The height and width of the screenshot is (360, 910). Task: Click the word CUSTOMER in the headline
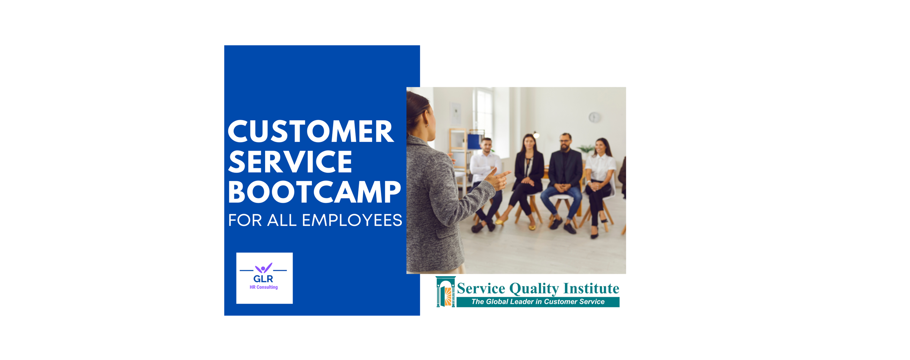[310, 132]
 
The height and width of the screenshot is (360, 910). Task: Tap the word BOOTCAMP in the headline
[314, 192]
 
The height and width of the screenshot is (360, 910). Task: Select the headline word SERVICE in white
[290, 162]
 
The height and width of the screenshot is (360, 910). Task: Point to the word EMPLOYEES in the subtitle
[352, 220]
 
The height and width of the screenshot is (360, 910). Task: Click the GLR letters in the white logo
[263, 279]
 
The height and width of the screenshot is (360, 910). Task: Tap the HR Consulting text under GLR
[264, 287]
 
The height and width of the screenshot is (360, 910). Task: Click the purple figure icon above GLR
[263, 268]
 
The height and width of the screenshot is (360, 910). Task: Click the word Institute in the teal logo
[591, 288]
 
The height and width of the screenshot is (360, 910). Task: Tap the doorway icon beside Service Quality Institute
[446, 292]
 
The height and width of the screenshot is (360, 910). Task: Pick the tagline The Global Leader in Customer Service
[538, 302]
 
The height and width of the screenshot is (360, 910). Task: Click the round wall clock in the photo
[594, 117]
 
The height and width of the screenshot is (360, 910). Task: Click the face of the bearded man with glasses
[565, 142]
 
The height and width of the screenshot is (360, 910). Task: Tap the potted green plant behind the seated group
[587, 149]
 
